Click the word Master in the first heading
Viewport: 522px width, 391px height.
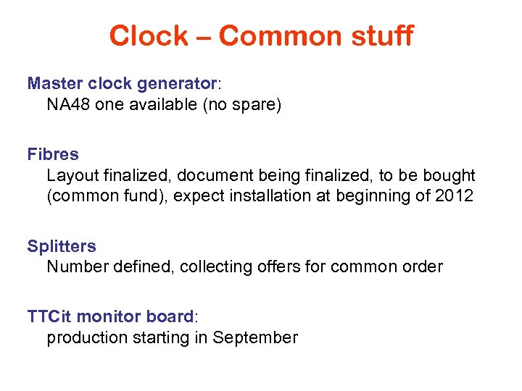53,83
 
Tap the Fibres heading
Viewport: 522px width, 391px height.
53,154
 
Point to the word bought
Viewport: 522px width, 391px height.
450,176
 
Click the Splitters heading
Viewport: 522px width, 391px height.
62,246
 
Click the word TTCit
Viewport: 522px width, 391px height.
49,316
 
